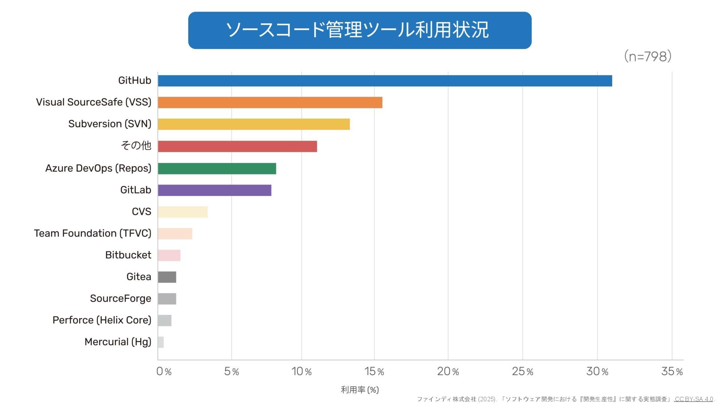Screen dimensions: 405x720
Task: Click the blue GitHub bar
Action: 385,81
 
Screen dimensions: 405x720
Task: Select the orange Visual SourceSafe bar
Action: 270,102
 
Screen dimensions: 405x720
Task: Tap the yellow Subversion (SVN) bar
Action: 254,124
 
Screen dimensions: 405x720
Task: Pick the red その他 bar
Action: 237,146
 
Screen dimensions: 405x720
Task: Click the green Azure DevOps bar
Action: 217,168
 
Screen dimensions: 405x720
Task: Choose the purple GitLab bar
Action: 214,190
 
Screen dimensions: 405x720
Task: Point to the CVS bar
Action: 183,212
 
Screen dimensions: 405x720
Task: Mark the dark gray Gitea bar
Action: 167,277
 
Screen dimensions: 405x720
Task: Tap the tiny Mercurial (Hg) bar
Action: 161,342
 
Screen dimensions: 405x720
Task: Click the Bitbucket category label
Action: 128,255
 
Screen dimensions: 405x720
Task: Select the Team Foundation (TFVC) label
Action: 93,233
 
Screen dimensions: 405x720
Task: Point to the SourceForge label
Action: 120,298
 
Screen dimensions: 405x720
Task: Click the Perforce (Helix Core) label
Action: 102,320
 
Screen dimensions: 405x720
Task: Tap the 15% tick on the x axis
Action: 374,371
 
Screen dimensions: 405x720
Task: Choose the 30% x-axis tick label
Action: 597,371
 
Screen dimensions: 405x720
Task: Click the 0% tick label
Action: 164,371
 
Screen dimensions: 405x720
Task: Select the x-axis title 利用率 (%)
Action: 360,390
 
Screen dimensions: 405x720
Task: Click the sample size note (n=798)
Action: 648,56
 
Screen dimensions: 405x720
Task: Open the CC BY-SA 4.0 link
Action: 694,399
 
